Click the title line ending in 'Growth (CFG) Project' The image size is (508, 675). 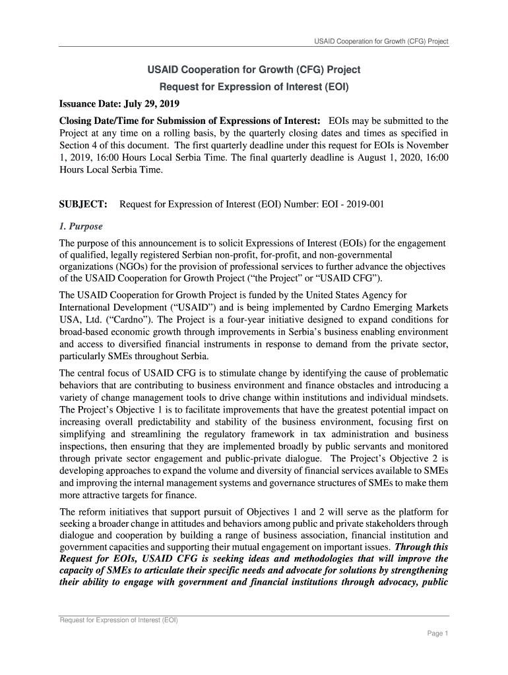(x=253, y=69)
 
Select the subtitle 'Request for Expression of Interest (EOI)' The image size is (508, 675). (x=254, y=86)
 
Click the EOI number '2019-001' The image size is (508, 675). (x=364, y=204)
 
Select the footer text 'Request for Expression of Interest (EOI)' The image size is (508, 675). (x=119, y=620)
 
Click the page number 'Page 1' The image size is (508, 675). (x=437, y=633)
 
